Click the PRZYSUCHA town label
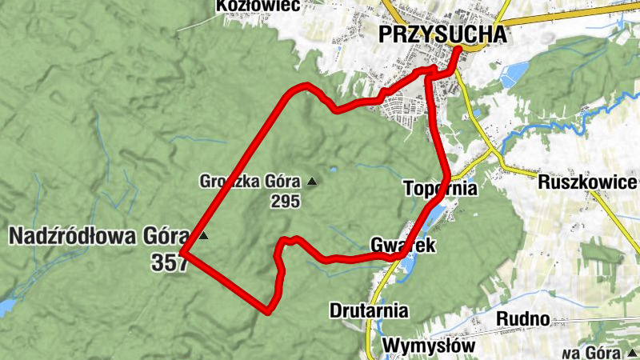click(443, 34)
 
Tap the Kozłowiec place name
click(246, 6)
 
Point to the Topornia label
click(440, 189)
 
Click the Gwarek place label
click(403, 245)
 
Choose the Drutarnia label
click(369, 310)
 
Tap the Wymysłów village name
click(429, 346)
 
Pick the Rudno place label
click(522, 318)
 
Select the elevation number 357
click(168, 262)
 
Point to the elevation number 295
click(285, 202)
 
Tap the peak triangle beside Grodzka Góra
click(311, 182)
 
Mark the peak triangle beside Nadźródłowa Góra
click(204, 236)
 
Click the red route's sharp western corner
click(183, 253)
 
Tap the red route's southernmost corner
click(269, 310)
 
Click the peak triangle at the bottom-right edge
click(632, 353)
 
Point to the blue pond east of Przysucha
click(510, 74)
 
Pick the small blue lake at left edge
click(5, 306)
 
